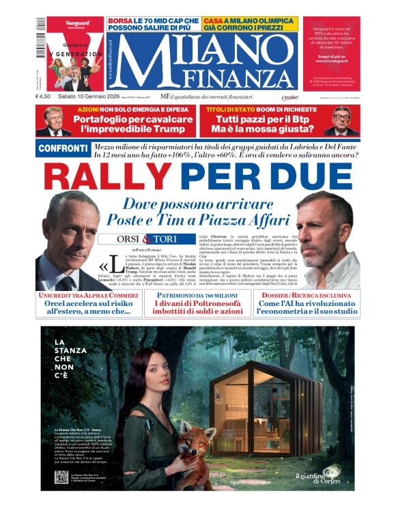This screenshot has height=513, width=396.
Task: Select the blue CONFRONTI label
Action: tap(63, 149)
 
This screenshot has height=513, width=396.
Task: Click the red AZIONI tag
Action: tap(88, 109)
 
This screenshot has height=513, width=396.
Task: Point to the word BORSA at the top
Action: tap(120, 20)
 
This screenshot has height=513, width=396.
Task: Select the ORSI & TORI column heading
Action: tap(137, 239)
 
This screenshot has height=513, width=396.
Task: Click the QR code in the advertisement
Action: tap(61, 477)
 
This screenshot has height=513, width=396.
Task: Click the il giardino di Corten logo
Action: tap(317, 477)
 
